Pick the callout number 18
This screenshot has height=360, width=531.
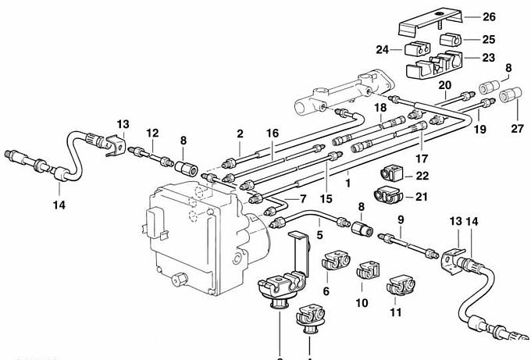(x=380, y=107)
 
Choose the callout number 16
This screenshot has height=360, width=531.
(x=272, y=134)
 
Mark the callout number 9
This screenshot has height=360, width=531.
(x=400, y=220)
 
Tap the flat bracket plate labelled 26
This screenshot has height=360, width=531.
(x=429, y=23)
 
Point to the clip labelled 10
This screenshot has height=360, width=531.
(x=366, y=273)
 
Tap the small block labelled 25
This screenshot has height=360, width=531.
(x=449, y=38)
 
